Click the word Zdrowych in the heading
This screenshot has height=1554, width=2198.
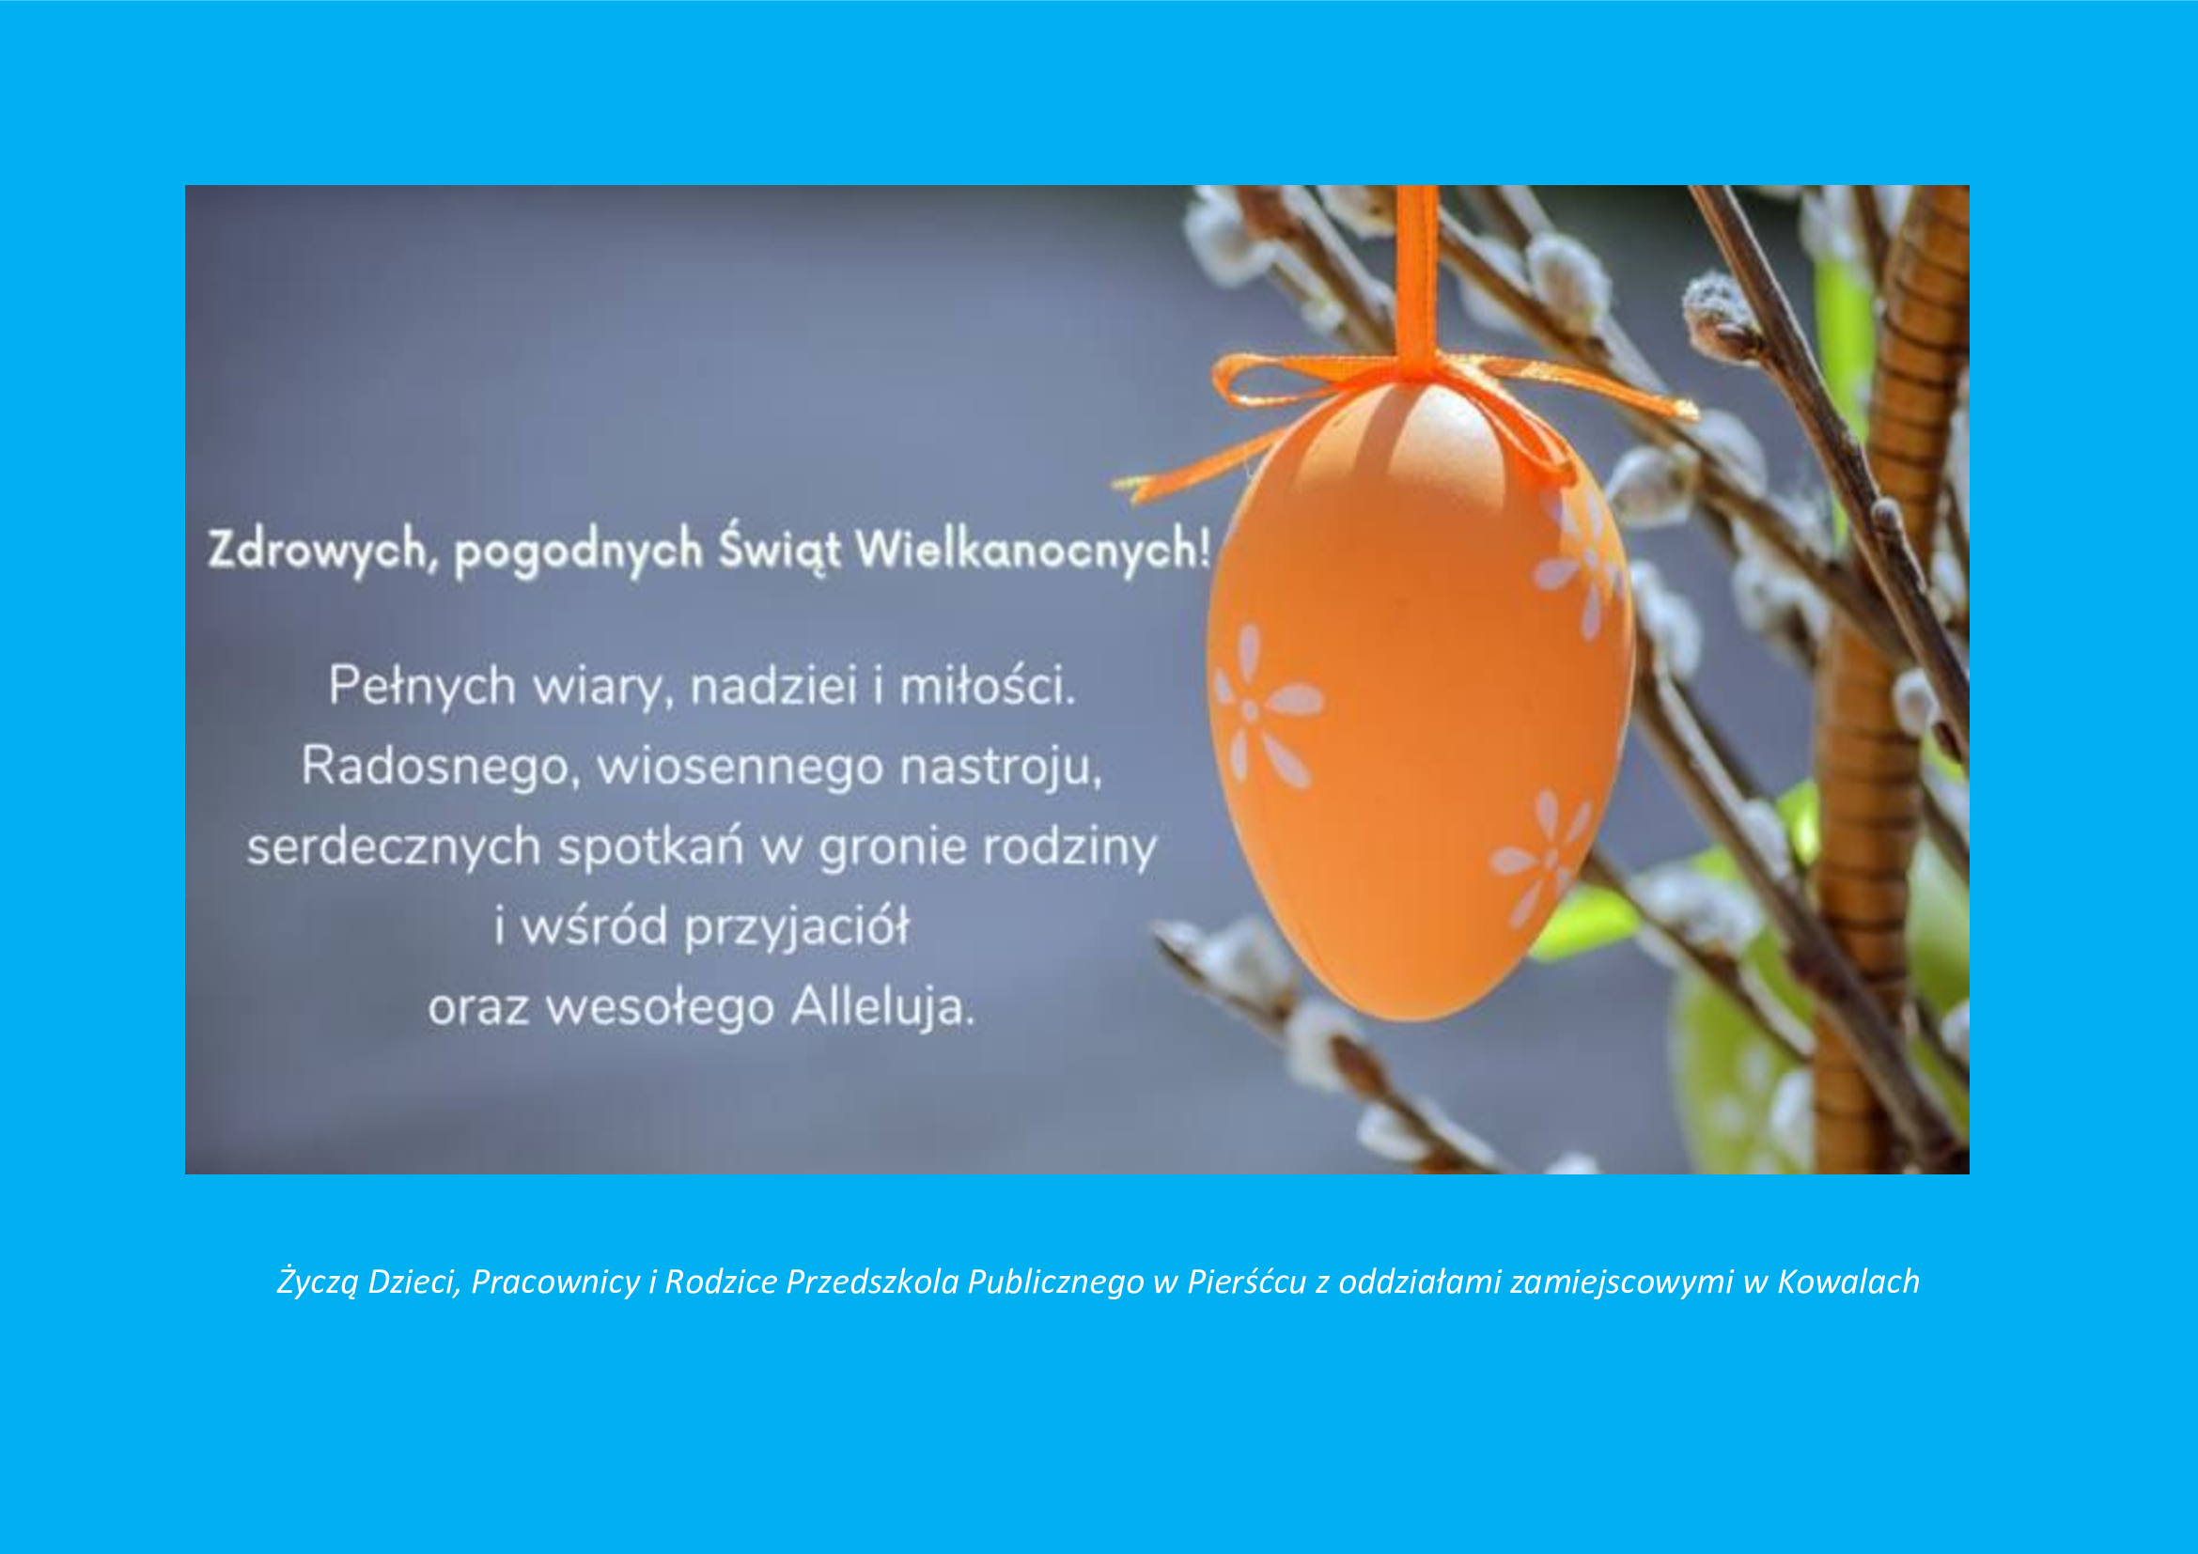317,552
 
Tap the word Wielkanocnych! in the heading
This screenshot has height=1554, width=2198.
1033,552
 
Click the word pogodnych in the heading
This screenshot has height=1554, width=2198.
577,553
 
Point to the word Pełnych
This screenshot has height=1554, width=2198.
422,688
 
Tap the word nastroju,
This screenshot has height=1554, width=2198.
1001,769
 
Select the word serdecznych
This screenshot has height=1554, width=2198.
395,847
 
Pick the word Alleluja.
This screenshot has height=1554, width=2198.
882,1008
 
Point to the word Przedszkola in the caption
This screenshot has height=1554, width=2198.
872,1282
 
